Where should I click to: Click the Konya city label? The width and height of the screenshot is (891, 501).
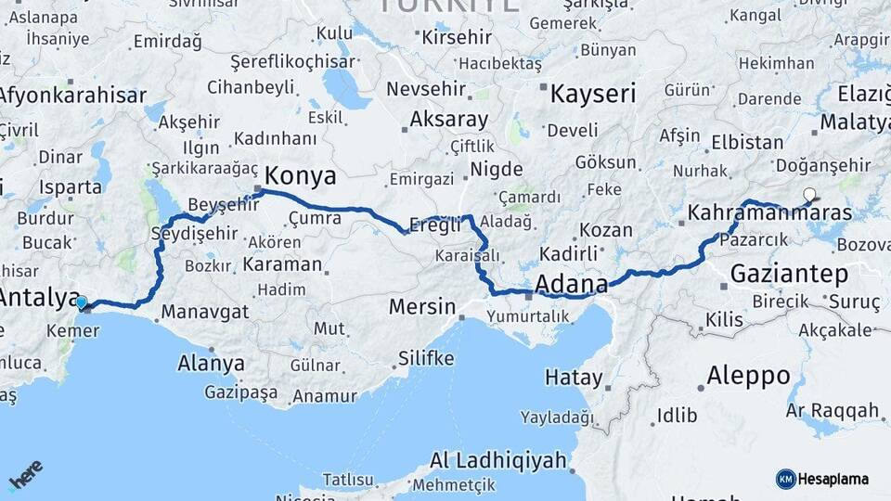tap(300, 176)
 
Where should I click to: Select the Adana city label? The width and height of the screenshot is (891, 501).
tap(571, 283)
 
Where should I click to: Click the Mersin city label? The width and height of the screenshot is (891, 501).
tap(421, 306)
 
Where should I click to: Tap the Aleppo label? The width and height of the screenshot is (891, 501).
tap(748, 377)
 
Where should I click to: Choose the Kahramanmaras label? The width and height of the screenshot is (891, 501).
tap(769, 213)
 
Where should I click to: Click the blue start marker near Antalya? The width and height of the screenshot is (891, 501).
tap(82, 302)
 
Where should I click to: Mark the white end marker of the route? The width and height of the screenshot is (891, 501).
tap(809, 195)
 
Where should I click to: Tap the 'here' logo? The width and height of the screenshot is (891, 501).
tap(26, 476)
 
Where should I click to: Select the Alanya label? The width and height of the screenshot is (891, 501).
tap(211, 363)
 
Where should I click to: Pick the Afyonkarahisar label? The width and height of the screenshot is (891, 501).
tap(72, 95)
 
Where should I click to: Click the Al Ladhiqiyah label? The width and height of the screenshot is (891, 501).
tap(497, 460)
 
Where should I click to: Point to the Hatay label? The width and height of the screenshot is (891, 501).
tap(574, 378)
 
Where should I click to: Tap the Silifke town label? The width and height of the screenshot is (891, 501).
tap(425, 358)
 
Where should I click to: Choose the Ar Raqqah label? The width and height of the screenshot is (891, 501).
tap(833, 410)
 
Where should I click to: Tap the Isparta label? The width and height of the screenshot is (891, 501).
tap(71, 186)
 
